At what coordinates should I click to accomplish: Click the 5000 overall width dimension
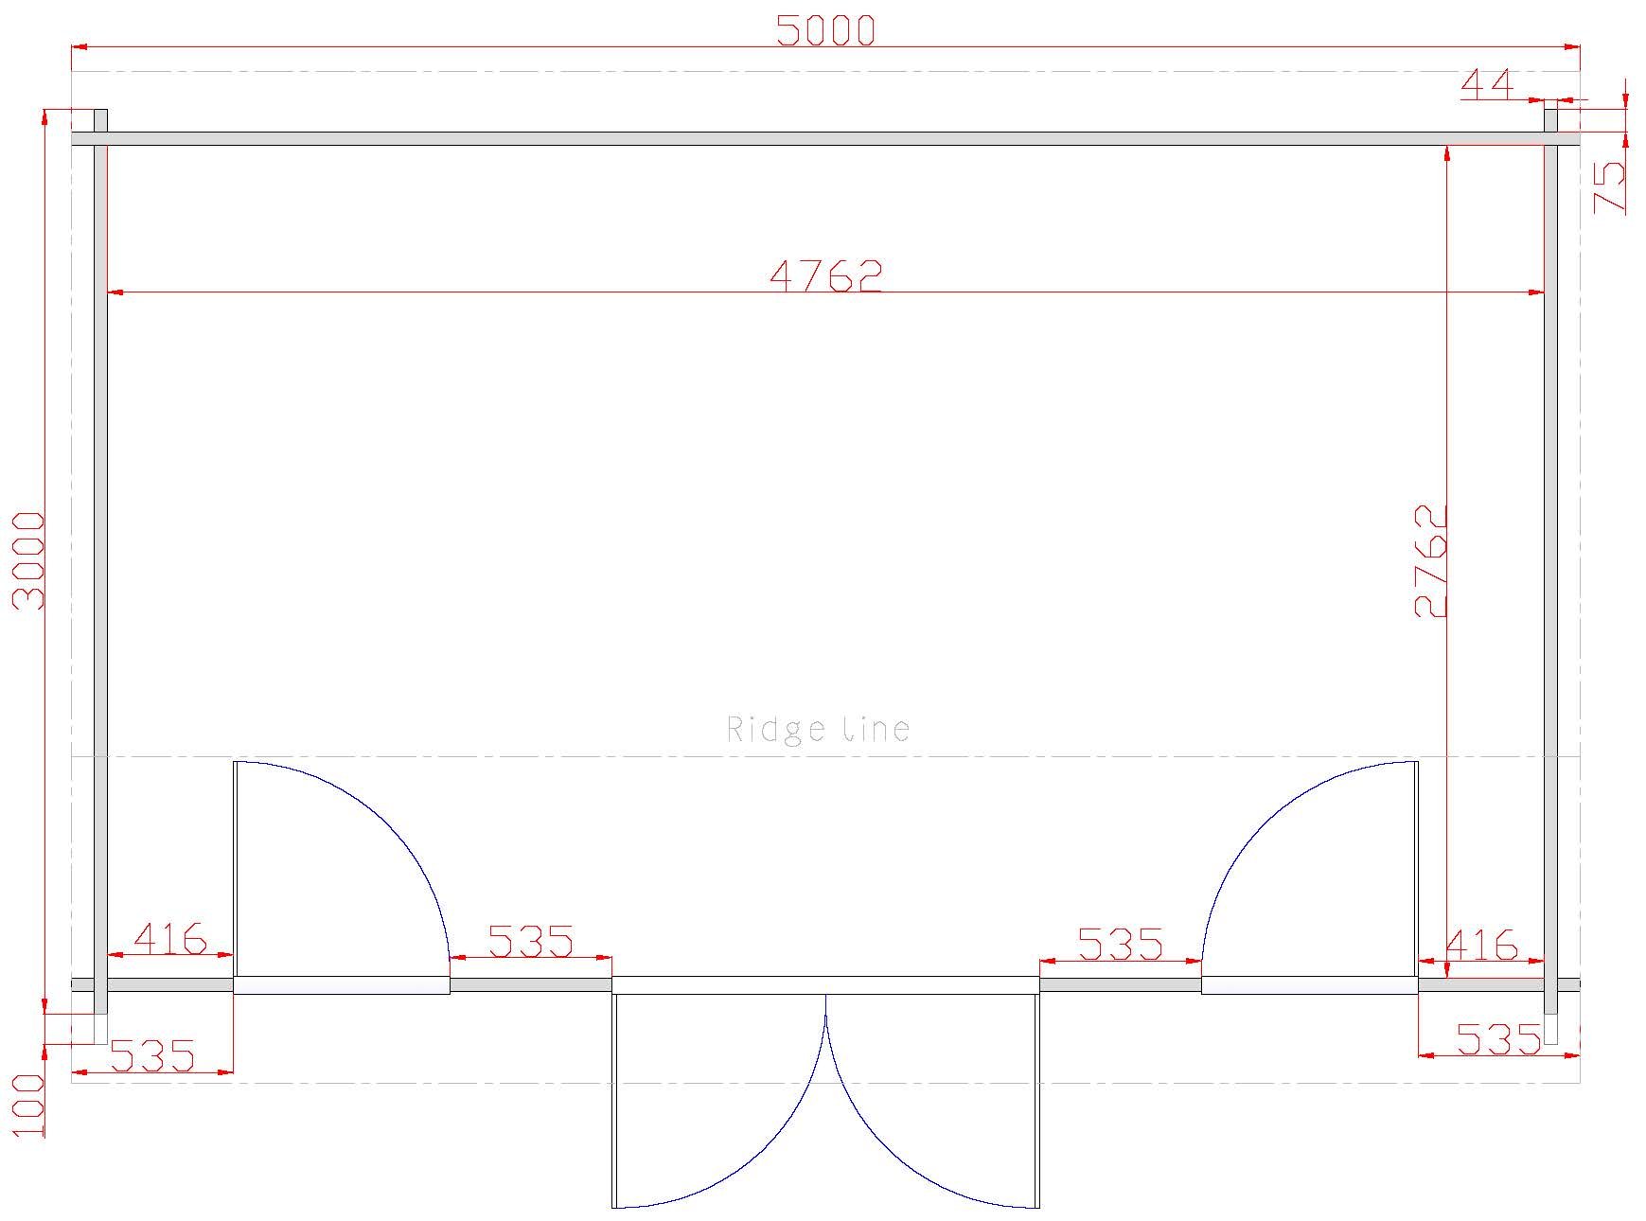point(826,30)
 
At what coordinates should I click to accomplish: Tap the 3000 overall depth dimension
point(27,560)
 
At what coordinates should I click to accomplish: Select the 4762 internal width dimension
point(826,274)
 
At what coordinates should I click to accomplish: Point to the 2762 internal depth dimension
point(1430,560)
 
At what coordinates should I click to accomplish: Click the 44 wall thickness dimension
point(1488,84)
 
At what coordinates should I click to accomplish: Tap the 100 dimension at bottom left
point(28,1106)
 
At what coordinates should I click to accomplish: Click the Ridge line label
point(818,729)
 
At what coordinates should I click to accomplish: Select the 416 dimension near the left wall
point(170,938)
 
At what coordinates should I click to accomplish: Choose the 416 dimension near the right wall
point(1482,944)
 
